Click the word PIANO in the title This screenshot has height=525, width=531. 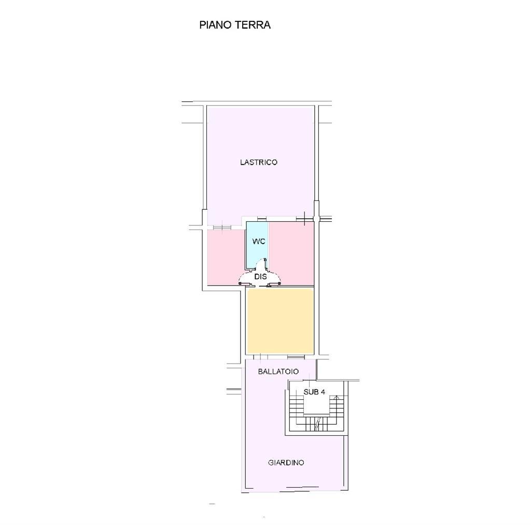tap(215, 25)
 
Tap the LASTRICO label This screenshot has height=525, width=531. tap(259, 162)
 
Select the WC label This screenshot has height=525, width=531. tap(259, 241)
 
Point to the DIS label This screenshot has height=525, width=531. tap(260, 277)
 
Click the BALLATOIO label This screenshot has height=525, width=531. tap(278, 371)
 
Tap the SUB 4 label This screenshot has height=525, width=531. tap(314, 392)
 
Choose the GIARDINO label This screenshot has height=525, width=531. tap(286, 463)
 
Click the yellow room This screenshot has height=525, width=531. tap(280, 321)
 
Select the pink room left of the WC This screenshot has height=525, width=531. tap(226, 258)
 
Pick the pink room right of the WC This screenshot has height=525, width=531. tap(292, 254)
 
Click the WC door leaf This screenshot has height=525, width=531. tap(265, 264)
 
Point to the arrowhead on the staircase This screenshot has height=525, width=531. tap(336, 397)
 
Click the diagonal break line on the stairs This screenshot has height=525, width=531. tap(317, 424)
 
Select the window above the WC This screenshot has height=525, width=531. tap(262, 219)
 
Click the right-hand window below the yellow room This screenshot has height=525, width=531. tap(296, 357)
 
